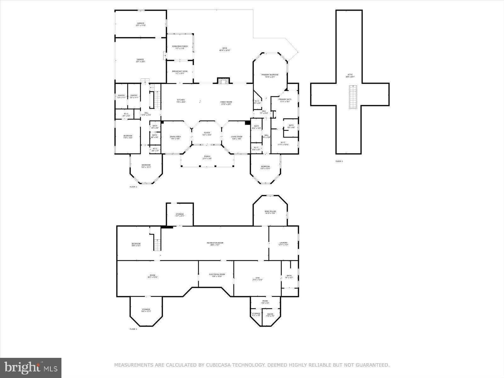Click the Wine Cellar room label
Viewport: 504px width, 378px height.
tap(270, 212)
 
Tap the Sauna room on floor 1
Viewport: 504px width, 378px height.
tap(270, 315)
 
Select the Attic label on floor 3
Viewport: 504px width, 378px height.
tap(350, 76)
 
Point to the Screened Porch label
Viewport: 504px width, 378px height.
tap(180, 47)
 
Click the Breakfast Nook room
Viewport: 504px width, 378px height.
tap(180, 72)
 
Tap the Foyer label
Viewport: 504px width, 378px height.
tap(207, 134)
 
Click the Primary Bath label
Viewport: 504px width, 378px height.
tap(285, 100)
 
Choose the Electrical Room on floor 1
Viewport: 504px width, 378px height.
tap(217, 275)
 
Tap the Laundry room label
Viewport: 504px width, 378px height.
tap(283, 243)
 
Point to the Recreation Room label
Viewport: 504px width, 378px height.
tap(215, 243)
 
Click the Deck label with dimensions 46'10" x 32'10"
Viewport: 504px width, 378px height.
tap(225, 49)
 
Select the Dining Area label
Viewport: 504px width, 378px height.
tap(175, 137)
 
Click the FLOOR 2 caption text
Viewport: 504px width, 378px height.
tap(133, 187)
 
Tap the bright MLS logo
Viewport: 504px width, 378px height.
tap(31, 368)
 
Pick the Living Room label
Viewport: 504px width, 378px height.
tap(236, 137)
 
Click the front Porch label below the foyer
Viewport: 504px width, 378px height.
tap(207, 157)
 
